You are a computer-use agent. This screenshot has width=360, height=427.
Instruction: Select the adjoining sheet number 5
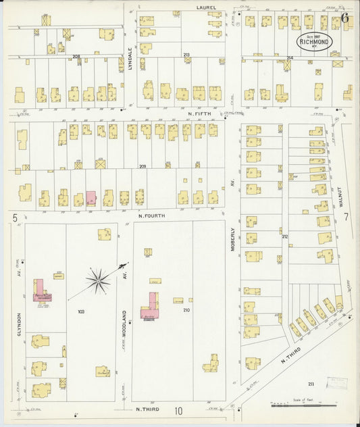(14, 218)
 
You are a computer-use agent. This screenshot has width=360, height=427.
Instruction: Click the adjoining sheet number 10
(179, 410)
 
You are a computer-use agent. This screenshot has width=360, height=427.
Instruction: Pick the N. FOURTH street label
(152, 216)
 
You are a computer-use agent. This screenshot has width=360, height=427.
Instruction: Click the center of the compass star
(99, 280)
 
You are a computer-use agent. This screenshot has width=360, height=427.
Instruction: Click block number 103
(81, 311)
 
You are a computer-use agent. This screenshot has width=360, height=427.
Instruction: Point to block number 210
(186, 310)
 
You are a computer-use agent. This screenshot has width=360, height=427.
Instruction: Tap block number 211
(311, 384)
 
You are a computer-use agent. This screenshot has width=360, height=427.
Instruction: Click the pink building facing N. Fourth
(91, 198)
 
